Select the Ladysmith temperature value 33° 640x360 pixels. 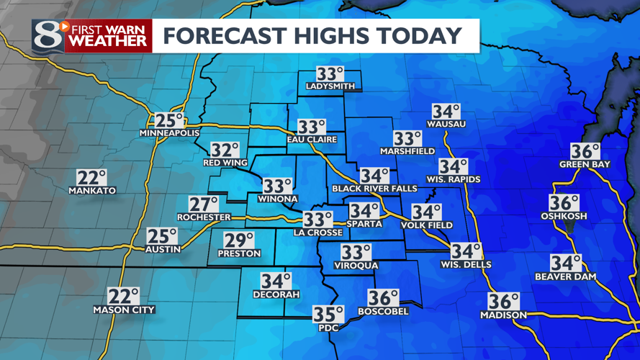point(330,74)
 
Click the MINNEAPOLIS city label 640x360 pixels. point(169,134)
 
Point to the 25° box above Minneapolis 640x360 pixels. point(170,121)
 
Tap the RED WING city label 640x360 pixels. point(225,163)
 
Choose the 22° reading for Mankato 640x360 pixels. point(92,178)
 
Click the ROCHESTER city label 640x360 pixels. point(204,217)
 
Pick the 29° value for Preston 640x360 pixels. point(240,240)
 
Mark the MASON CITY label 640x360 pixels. point(124,310)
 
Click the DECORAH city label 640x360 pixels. point(276,294)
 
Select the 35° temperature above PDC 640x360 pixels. point(328,314)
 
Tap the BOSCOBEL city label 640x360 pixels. point(383,311)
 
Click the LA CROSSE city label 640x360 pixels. point(317,233)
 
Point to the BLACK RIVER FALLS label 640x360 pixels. point(374,189)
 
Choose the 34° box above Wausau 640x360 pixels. point(446,112)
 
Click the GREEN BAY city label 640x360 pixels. point(585,164)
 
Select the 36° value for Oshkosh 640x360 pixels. point(564,203)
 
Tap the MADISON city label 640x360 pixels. point(504,315)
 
